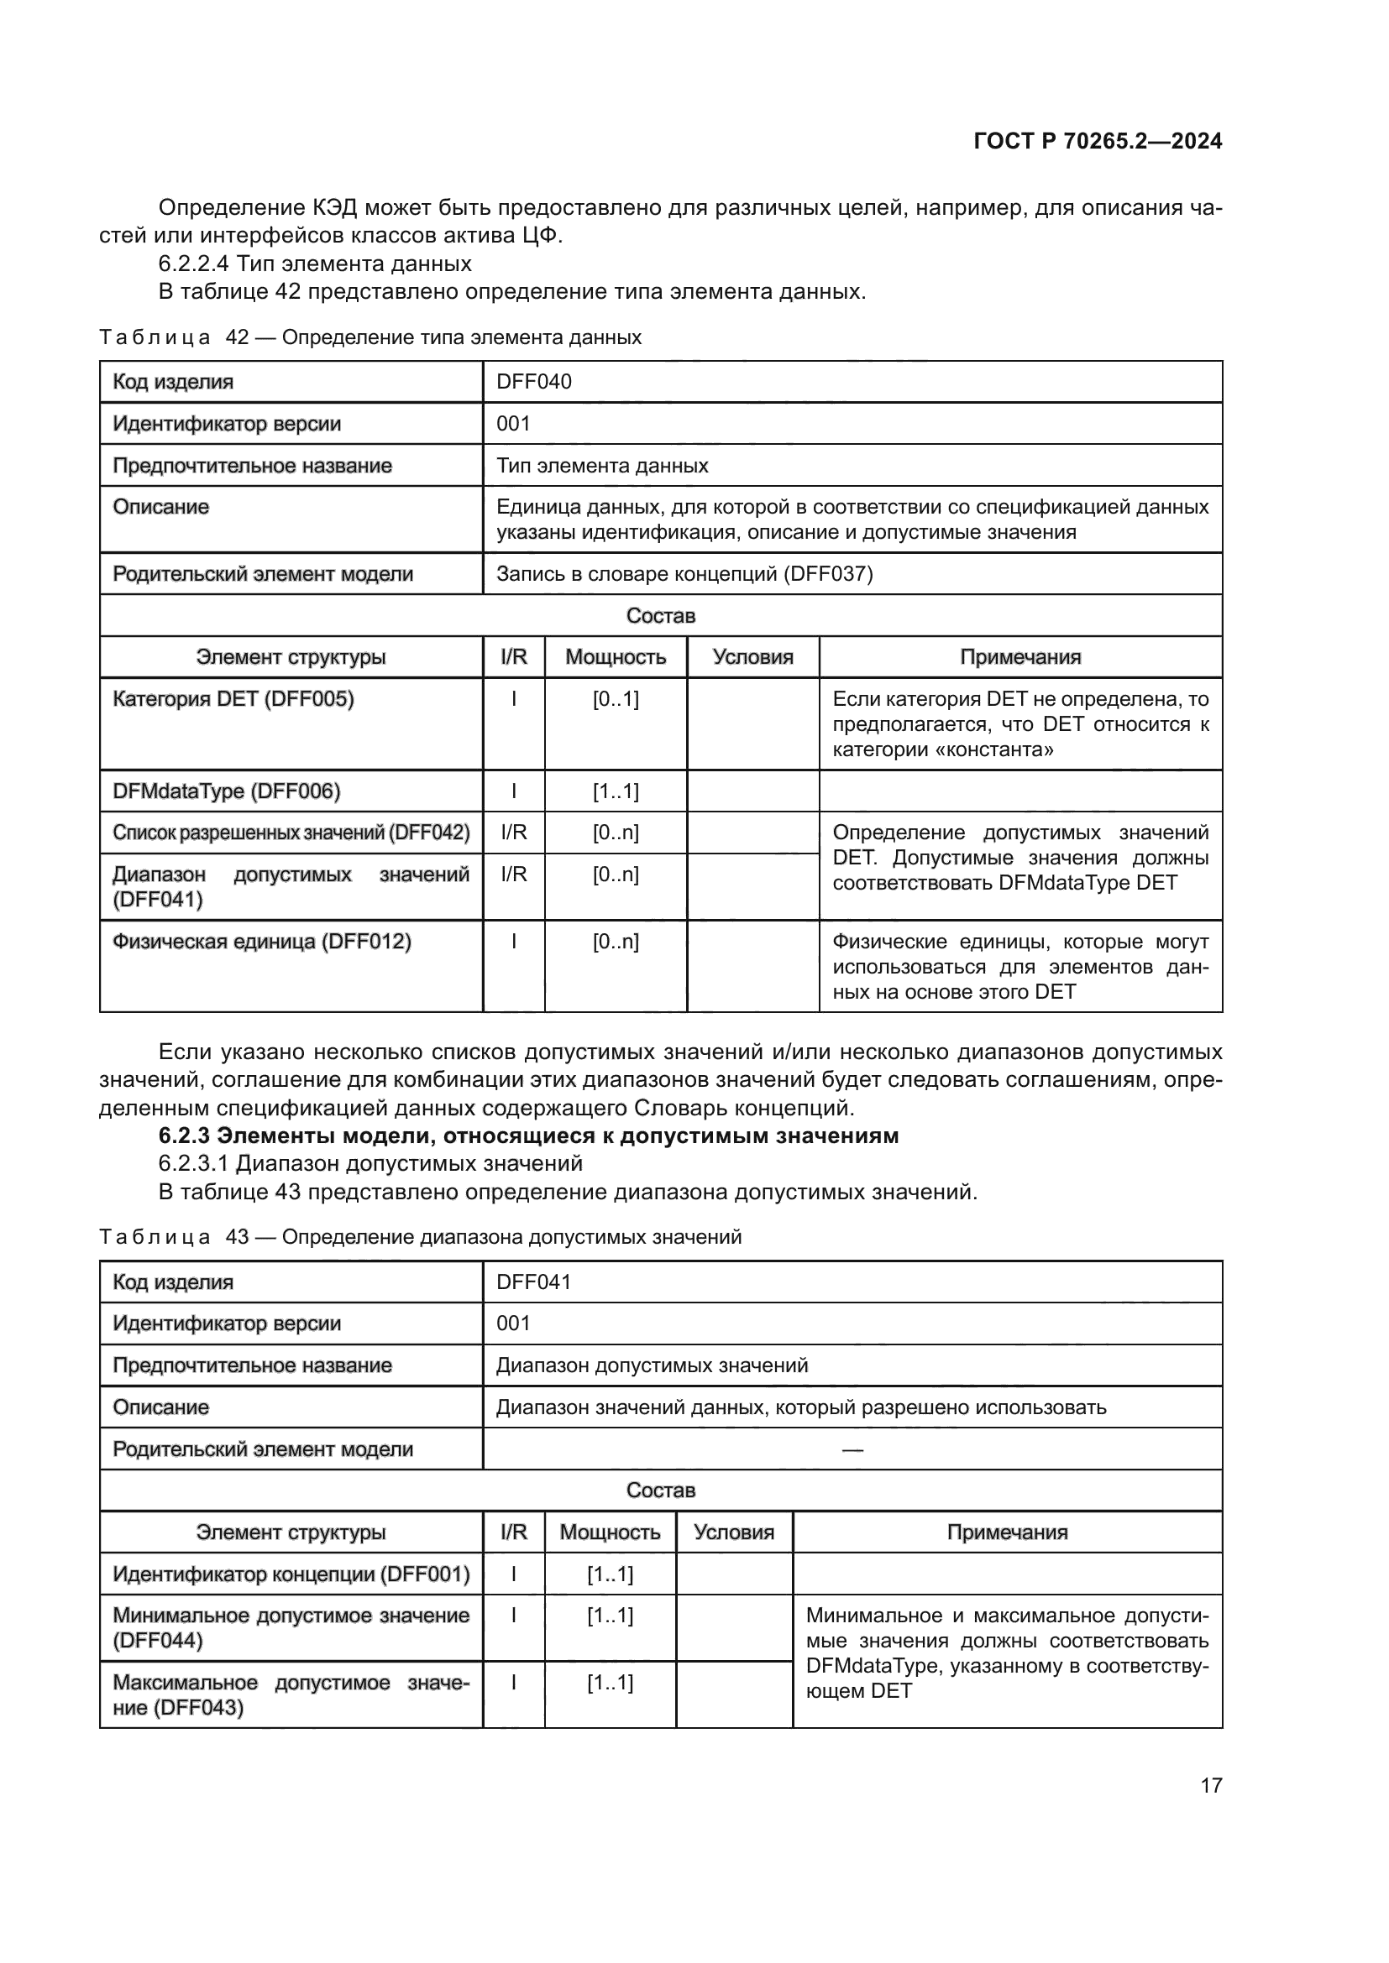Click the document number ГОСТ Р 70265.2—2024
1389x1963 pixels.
tap(1098, 141)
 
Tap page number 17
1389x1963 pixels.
tap(1211, 1785)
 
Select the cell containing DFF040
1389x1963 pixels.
tap(534, 381)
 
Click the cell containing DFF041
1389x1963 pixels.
tap(534, 1282)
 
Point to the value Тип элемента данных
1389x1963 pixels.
tap(602, 466)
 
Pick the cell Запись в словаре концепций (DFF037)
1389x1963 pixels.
tap(684, 574)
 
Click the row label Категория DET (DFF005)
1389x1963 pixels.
tap(233, 699)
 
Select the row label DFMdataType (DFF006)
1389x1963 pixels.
tap(227, 791)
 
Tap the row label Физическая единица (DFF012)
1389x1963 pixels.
tap(262, 942)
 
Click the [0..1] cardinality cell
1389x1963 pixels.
tap(616, 699)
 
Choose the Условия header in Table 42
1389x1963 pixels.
tap(752, 657)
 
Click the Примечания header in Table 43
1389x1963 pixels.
tap(1007, 1532)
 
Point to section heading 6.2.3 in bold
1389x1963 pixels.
tap(528, 1136)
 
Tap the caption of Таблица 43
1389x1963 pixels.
tap(420, 1237)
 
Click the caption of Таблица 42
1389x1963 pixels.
tap(370, 337)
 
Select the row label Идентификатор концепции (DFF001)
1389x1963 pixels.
tap(291, 1574)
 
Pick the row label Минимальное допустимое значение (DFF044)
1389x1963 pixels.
tap(291, 1628)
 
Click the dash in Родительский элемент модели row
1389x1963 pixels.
tap(852, 1449)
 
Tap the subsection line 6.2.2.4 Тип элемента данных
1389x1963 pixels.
tap(315, 264)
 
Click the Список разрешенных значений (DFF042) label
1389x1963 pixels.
tap(291, 833)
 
